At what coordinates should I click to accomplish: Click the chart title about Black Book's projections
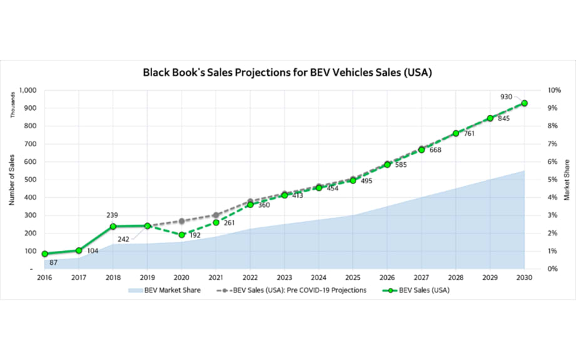point(288,73)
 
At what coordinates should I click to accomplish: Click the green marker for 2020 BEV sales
point(182,235)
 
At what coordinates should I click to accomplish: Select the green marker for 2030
point(524,103)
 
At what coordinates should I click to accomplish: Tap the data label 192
point(195,235)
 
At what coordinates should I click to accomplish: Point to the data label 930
point(506,96)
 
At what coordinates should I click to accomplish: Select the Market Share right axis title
point(567,180)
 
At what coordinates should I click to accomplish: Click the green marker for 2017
point(79,250)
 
